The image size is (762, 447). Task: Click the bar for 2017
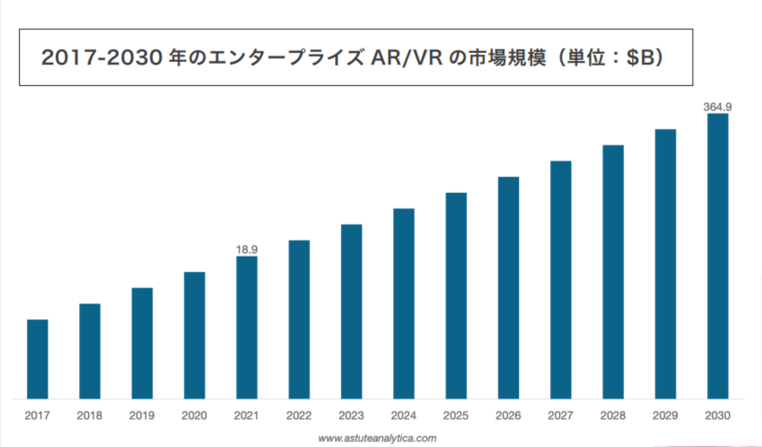coord(38,358)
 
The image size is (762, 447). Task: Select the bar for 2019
coord(142,343)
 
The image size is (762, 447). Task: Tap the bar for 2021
coord(247,327)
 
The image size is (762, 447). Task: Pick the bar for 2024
coord(404,303)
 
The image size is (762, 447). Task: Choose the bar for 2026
coord(509,287)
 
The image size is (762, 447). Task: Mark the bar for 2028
coord(613,271)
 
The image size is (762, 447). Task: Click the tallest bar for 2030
coord(717,256)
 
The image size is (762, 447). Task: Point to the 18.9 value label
coord(247,249)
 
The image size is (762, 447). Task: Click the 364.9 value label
coord(717,107)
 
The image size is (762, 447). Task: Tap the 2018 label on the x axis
coord(90,416)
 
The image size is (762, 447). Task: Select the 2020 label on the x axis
coord(195,416)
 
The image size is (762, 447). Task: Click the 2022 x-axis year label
coord(299,416)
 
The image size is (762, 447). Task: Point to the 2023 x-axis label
coord(351,416)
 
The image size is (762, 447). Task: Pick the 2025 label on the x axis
coord(456,416)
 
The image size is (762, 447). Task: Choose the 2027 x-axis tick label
coord(561,416)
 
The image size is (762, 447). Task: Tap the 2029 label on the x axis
coord(665,416)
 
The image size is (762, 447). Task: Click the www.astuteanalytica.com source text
coord(378,438)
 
